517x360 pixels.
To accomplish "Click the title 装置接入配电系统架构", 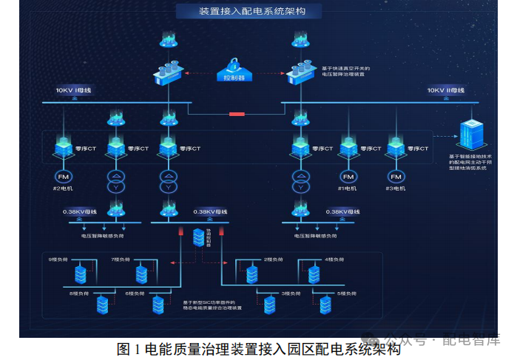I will coord(251,11).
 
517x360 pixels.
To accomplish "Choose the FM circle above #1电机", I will coord(348,177).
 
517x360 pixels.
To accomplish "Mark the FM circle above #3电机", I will coord(396,177).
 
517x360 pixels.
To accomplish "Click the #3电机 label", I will coord(396,189).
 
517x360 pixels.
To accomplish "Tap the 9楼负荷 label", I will coord(58,259).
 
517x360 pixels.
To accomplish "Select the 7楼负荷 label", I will coord(121,259).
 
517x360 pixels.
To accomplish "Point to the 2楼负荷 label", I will coord(274,259).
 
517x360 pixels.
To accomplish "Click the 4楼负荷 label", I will coord(335,259).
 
